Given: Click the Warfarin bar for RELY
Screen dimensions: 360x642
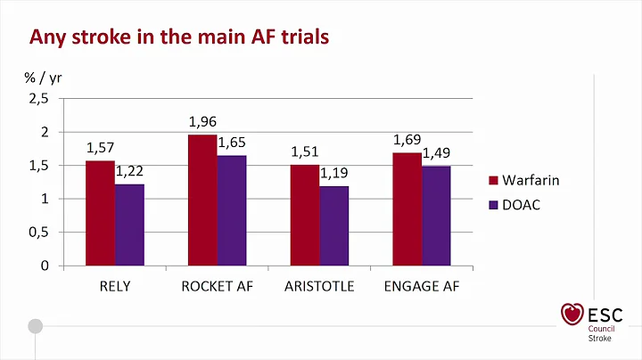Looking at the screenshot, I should tap(100, 213).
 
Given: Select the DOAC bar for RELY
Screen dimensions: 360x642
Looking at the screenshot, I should tap(129, 225).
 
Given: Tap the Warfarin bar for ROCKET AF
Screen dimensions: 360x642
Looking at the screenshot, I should tap(202, 200).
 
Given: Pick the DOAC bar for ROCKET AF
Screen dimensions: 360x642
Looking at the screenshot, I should tap(232, 210).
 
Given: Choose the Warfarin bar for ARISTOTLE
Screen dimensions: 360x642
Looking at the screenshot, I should tap(305, 215).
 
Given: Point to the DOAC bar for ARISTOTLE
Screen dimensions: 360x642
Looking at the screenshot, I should tap(334, 225).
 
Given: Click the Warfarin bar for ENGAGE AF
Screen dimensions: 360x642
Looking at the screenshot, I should tap(407, 209).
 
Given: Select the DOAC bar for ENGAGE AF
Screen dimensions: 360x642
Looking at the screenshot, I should tap(437, 216).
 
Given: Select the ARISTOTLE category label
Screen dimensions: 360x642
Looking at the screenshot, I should tap(319, 287).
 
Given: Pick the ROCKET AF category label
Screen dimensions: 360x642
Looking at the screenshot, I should tap(217, 287).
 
